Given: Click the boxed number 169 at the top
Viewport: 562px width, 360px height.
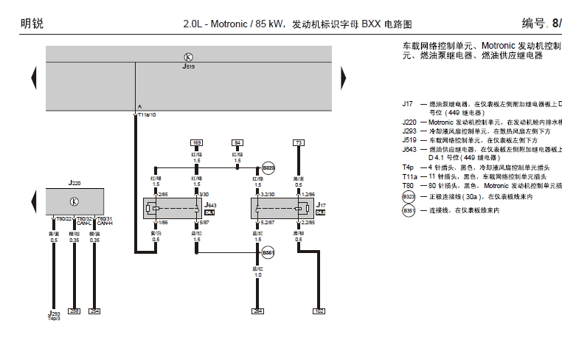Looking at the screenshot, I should pos(196,142).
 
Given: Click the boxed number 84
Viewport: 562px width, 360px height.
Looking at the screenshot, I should pos(237,142).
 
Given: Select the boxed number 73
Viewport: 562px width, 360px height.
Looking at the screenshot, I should pos(298,142).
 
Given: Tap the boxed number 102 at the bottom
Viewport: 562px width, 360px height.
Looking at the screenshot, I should pos(319,311).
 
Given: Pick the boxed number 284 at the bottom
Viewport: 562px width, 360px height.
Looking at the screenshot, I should pos(257,311).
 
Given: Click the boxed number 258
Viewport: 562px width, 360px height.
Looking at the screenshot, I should pos(74,311).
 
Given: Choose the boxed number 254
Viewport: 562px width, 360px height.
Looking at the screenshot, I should pos(94,311).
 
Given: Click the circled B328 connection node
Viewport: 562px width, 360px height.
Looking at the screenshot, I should pos(268,168).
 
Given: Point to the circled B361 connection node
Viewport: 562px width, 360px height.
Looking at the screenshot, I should pos(268,253).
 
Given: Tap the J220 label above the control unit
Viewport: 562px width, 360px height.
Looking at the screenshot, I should pos(74,181).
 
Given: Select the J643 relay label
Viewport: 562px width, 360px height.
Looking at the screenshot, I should pos(209,206).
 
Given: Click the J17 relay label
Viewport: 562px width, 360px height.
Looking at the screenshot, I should pos(320,206).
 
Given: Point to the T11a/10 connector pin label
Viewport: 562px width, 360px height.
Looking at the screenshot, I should pos(145,115).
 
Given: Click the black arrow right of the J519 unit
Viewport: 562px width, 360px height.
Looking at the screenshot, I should pos(343,77).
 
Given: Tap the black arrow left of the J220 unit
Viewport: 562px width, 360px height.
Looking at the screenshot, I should pos(33,201).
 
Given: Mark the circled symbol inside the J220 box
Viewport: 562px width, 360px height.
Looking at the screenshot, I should pos(74,201).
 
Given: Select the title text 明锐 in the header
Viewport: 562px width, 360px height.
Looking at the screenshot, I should pos(32,24).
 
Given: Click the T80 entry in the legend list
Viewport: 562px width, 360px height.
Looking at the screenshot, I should pos(409,187).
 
